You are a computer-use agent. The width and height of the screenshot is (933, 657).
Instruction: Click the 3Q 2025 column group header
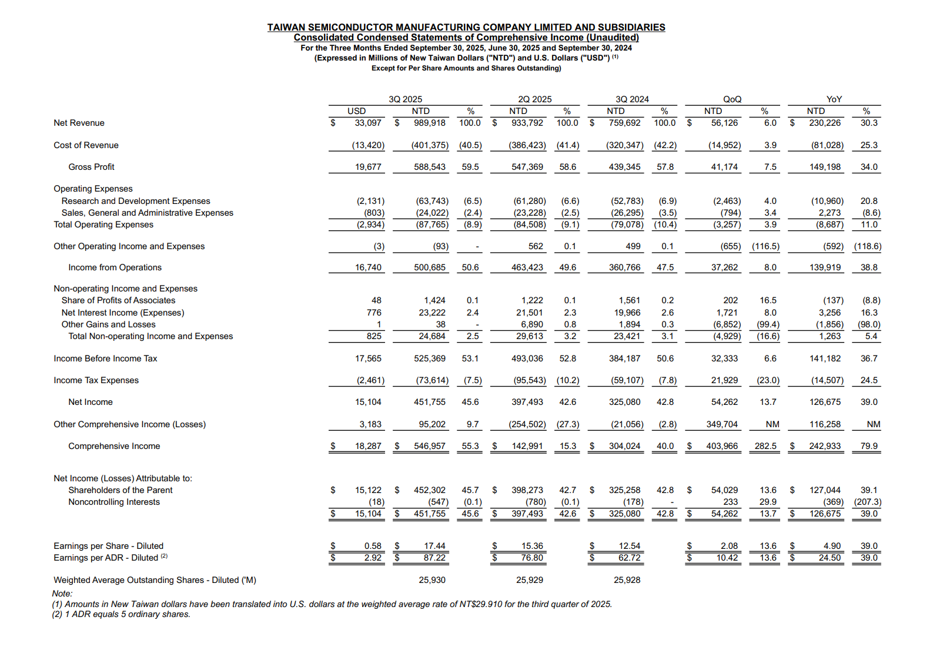[x=405, y=99]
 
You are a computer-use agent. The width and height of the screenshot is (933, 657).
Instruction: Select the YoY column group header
[x=834, y=99]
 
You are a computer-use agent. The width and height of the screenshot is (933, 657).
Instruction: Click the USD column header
[x=356, y=111]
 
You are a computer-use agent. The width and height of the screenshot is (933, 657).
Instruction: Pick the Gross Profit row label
[x=91, y=167]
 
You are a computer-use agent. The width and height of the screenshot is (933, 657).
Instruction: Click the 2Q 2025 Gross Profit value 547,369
[x=527, y=167]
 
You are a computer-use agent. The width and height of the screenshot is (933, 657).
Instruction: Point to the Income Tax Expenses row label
[x=96, y=380]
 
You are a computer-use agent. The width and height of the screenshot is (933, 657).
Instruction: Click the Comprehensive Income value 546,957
[x=429, y=446]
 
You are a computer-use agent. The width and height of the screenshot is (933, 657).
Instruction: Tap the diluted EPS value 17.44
[x=434, y=546]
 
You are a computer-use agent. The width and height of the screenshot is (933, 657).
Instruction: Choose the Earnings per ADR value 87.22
[x=434, y=558]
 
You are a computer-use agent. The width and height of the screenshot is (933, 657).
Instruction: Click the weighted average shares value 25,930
[x=432, y=580]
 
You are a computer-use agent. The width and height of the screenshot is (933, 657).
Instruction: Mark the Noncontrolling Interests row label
[x=114, y=502]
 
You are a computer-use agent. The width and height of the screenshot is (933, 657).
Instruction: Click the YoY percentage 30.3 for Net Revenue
[x=868, y=123]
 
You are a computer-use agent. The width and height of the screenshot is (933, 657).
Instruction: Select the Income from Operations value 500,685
[x=429, y=267]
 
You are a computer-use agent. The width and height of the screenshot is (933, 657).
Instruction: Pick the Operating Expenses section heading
[x=93, y=189]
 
